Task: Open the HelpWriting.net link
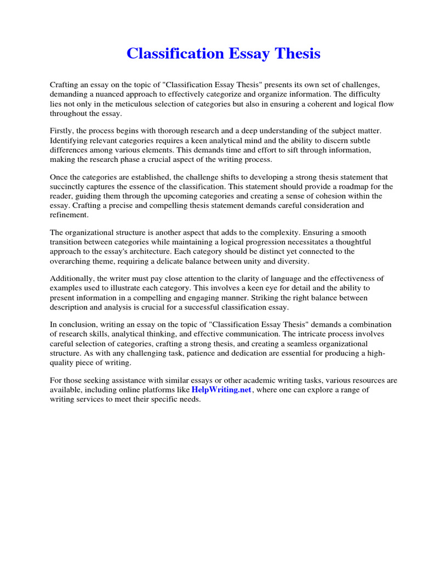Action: click(221, 390)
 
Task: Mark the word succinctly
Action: click(69, 187)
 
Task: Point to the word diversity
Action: click(294, 261)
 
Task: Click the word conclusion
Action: click(74, 324)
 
